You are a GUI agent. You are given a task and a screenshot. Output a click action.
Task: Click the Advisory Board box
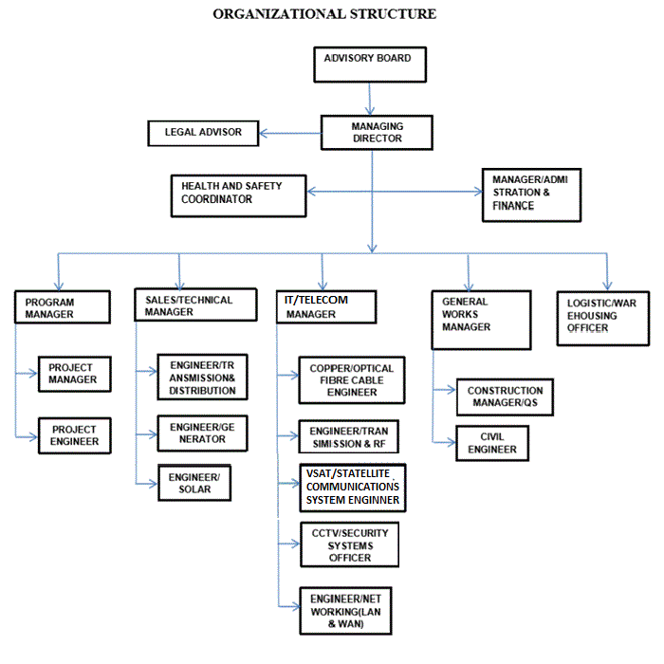coord(370,65)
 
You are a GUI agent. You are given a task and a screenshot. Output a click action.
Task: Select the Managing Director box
coord(377,133)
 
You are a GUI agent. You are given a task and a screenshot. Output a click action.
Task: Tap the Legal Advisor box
coord(203,134)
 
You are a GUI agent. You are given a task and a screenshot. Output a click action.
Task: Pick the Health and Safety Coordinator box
coord(238,196)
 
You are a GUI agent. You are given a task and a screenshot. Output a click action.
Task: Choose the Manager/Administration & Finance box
coord(531,194)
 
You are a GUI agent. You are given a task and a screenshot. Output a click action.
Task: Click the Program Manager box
coord(63,307)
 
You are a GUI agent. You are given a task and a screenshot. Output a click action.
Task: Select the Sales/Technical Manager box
coord(195,304)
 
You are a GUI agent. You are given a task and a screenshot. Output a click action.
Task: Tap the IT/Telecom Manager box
coord(326,307)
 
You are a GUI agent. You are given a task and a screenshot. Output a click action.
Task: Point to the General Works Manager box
coord(481,320)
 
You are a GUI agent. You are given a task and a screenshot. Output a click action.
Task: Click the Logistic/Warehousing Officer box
coord(603,319)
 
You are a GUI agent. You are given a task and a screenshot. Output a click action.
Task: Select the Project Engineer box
coord(75,435)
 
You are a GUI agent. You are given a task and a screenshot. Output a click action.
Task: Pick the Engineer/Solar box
coord(194,483)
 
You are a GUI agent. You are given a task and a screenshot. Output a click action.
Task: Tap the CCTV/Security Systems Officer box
coord(349,544)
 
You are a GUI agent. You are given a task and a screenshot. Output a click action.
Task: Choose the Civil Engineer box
coord(492,443)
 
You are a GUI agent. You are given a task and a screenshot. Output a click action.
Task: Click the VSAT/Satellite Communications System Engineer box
coord(352,488)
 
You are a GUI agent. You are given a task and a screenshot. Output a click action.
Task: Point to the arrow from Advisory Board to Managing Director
coord(369,99)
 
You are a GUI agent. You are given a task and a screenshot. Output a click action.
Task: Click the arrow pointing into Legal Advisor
coord(289,134)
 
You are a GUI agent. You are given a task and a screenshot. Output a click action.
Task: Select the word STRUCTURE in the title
coord(393,14)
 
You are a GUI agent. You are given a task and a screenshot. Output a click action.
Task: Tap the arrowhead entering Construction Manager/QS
coord(452,389)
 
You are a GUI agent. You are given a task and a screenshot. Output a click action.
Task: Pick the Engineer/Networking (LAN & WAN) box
coord(345,611)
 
